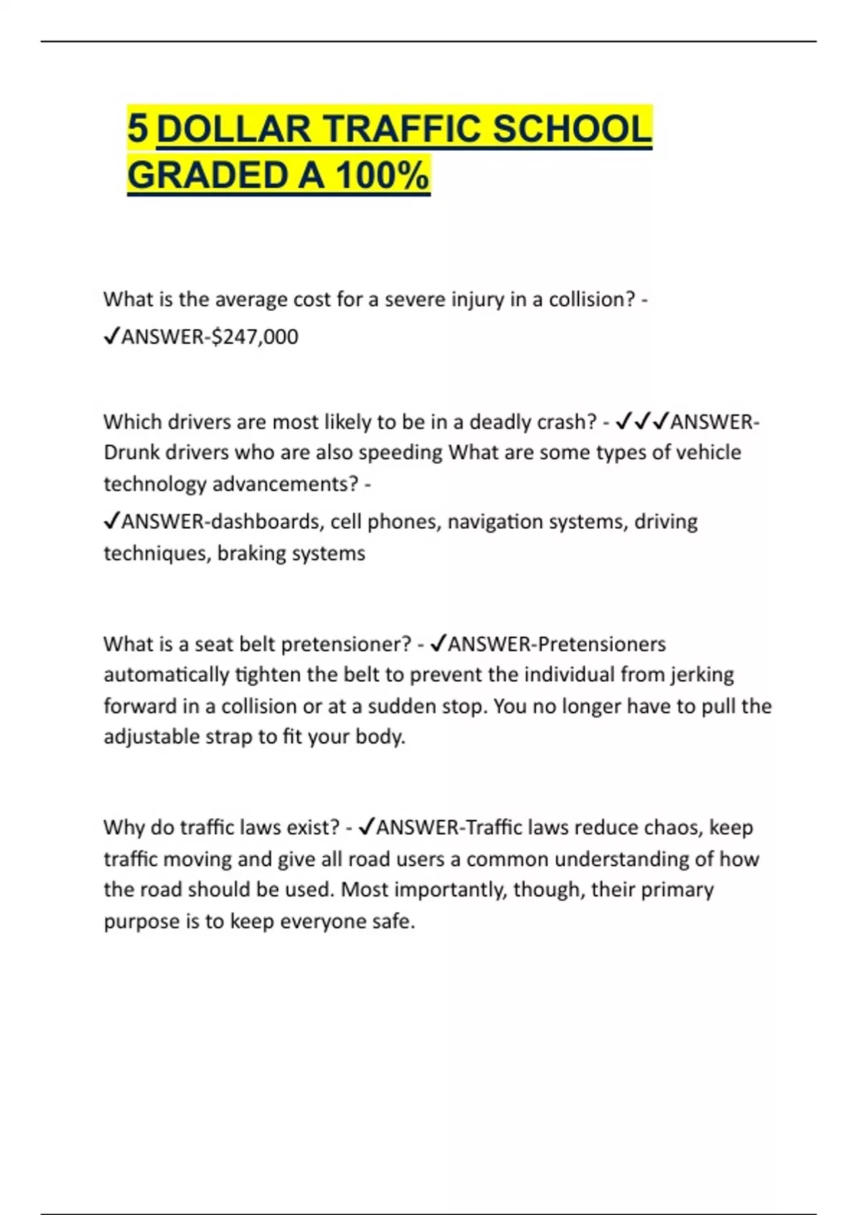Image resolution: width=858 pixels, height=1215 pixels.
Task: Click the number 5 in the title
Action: (x=137, y=129)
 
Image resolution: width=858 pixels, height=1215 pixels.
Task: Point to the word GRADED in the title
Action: (x=208, y=176)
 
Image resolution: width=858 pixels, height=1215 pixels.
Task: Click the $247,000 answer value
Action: (x=255, y=337)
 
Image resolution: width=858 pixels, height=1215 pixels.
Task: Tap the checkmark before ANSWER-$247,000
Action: (x=111, y=336)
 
